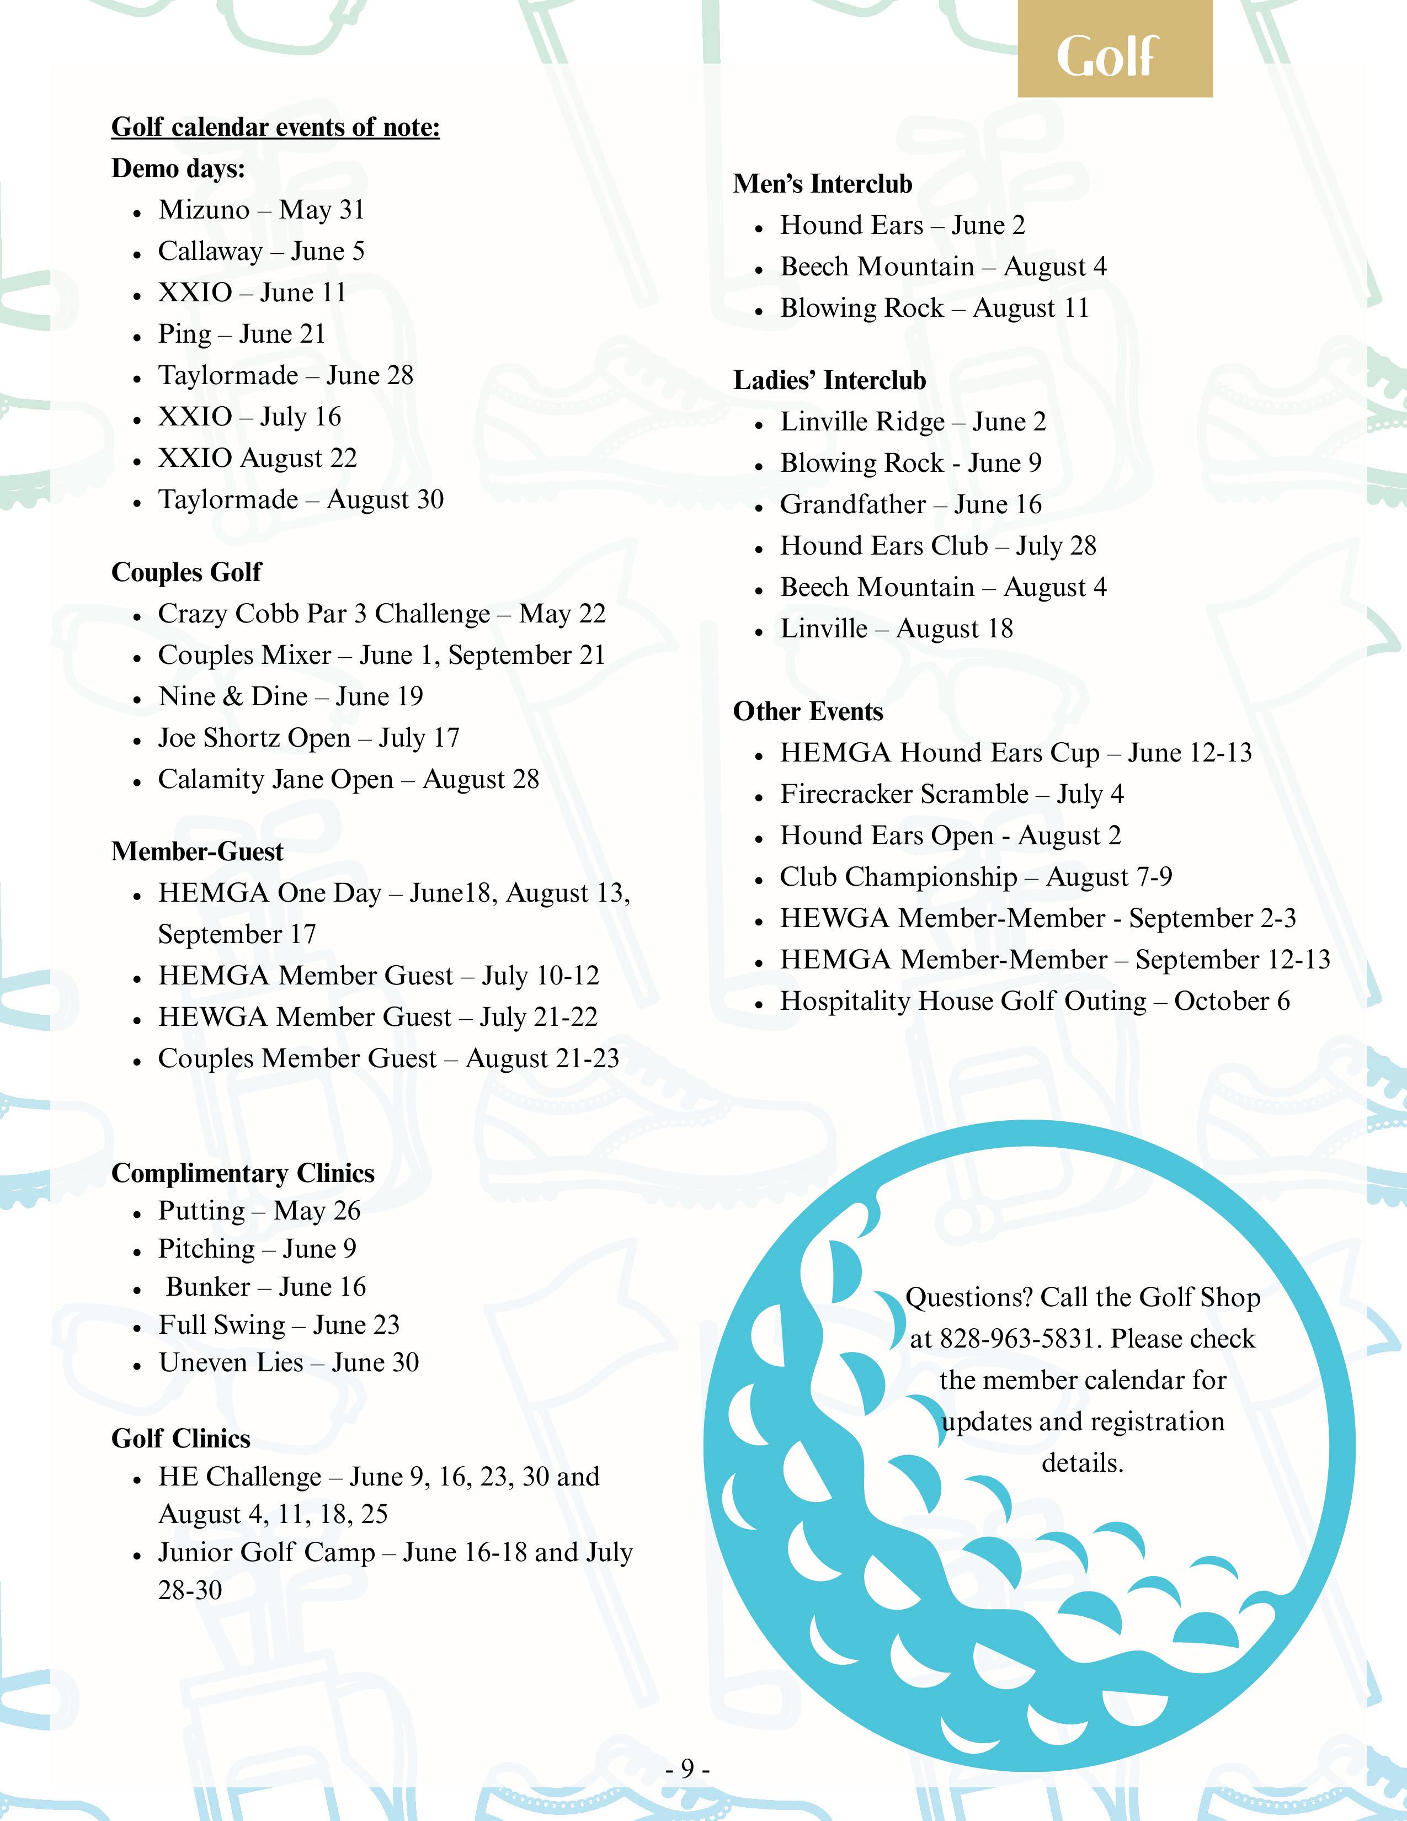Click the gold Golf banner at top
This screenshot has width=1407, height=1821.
click(x=1115, y=57)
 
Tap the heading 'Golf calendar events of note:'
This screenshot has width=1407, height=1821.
click(x=275, y=127)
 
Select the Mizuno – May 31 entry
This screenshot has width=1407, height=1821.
click(x=262, y=210)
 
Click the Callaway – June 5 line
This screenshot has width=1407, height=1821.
click(x=261, y=252)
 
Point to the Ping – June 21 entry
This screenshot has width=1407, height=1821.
click(x=242, y=334)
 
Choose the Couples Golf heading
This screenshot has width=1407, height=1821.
click(x=186, y=572)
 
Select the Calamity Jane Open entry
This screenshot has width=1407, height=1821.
click(x=348, y=780)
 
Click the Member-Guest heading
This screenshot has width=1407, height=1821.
click(x=197, y=851)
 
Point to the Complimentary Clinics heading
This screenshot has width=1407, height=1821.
click(x=243, y=1173)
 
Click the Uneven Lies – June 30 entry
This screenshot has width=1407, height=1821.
click(x=289, y=1362)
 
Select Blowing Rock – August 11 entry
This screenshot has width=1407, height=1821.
click(x=934, y=308)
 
